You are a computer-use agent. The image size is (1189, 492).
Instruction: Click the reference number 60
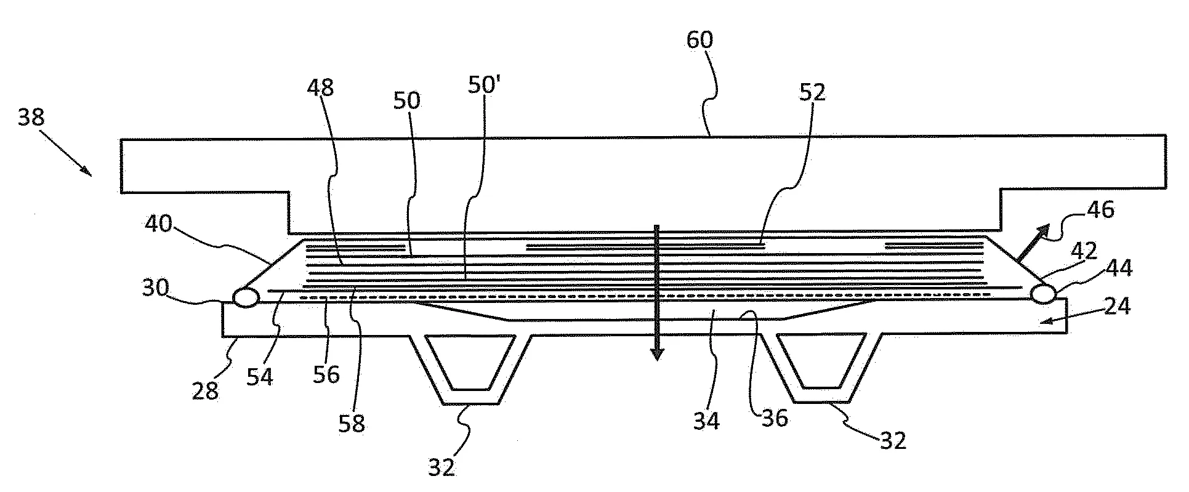click(x=699, y=41)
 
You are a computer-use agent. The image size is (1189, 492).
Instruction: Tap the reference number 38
click(x=31, y=116)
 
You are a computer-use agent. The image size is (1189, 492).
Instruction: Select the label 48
click(x=321, y=88)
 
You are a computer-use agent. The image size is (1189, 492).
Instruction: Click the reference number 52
click(x=812, y=92)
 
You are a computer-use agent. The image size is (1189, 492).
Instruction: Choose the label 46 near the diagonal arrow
click(x=1101, y=210)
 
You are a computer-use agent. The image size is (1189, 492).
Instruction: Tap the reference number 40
click(x=158, y=224)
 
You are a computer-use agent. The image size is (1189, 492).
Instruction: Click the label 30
click(x=155, y=287)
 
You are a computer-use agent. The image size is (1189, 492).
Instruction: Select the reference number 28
click(x=205, y=390)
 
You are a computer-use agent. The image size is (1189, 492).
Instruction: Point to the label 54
click(x=260, y=376)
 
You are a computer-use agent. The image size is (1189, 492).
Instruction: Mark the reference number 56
click(x=326, y=374)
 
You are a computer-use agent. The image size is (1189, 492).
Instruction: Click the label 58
click(x=352, y=422)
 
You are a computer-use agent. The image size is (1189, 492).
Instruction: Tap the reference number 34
click(x=706, y=421)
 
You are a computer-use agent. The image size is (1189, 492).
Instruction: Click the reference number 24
click(x=1116, y=305)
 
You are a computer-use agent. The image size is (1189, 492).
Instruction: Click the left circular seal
click(x=245, y=297)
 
